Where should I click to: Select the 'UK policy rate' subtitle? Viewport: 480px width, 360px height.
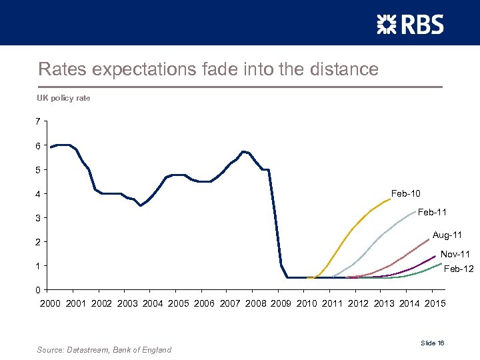pyautogui.click(x=63, y=98)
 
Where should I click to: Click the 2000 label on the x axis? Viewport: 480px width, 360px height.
pyautogui.click(x=50, y=304)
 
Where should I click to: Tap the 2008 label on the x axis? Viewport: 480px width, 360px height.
pyautogui.click(x=255, y=304)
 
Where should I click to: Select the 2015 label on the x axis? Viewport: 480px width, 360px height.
pyautogui.click(x=433, y=304)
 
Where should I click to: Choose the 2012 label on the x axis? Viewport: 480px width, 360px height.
pyautogui.click(x=358, y=304)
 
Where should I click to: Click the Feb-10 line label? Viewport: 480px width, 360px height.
pyautogui.click(x=405, y=193)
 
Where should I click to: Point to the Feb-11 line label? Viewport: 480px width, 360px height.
pyautogui.click(x=432, y=212)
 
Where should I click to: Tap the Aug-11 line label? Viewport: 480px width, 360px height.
pyautogui.click(x=447, y=235)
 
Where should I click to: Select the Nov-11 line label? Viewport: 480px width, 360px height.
pyautogui.click(x=455, y=254)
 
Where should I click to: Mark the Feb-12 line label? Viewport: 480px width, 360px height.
pyautogui.click(x=459, y=269)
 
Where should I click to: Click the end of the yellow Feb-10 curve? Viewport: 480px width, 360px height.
pyautogui.click(x=390, y=199)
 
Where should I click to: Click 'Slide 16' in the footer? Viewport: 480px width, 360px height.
pyautogui.click(x=433, y=343)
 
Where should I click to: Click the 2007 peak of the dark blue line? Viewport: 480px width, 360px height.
pyautogui.click(x=244, y=151)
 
